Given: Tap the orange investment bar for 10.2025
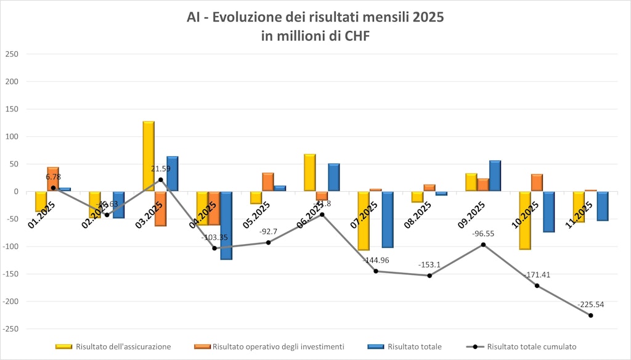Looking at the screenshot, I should click(x=537, y=183).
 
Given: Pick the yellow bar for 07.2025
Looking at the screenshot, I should click(x=364, y=221).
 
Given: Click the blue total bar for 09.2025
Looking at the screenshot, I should click(x=495, y=176).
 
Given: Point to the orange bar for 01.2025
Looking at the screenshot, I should click(x=53, y=179).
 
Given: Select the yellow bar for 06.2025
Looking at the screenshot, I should click(x=309, y=173).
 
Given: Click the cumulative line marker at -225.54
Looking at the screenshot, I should click(x=590, y=316).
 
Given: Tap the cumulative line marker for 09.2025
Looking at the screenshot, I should click(x=483, y=245).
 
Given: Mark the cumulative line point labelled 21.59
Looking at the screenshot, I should click(x=160, y=180).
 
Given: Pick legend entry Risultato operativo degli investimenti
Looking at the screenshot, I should click(x=277, y=346).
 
